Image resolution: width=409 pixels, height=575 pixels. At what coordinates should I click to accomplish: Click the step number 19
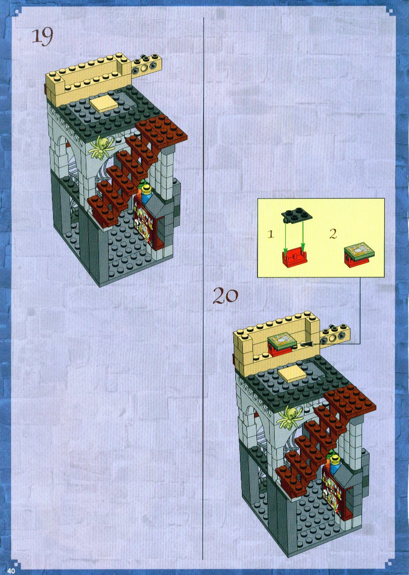(42, 37)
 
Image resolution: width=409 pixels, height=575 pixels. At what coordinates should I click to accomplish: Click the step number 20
(225, 296)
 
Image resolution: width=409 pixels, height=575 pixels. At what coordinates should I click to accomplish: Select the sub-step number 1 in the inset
(271, 233)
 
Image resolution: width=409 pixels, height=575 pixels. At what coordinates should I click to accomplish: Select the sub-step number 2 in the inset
(333, 233)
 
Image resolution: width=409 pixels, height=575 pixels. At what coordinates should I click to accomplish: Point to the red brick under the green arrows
(295, 258)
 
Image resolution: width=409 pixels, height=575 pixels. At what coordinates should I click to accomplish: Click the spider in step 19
(100, 147)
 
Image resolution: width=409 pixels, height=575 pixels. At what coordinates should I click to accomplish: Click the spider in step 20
(291, 417)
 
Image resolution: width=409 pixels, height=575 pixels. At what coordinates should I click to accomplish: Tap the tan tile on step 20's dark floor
(292, 375)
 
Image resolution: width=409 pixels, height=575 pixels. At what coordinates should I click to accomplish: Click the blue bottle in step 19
(146, 195)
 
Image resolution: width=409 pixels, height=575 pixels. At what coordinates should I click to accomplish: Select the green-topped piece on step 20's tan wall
(283, 345)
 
